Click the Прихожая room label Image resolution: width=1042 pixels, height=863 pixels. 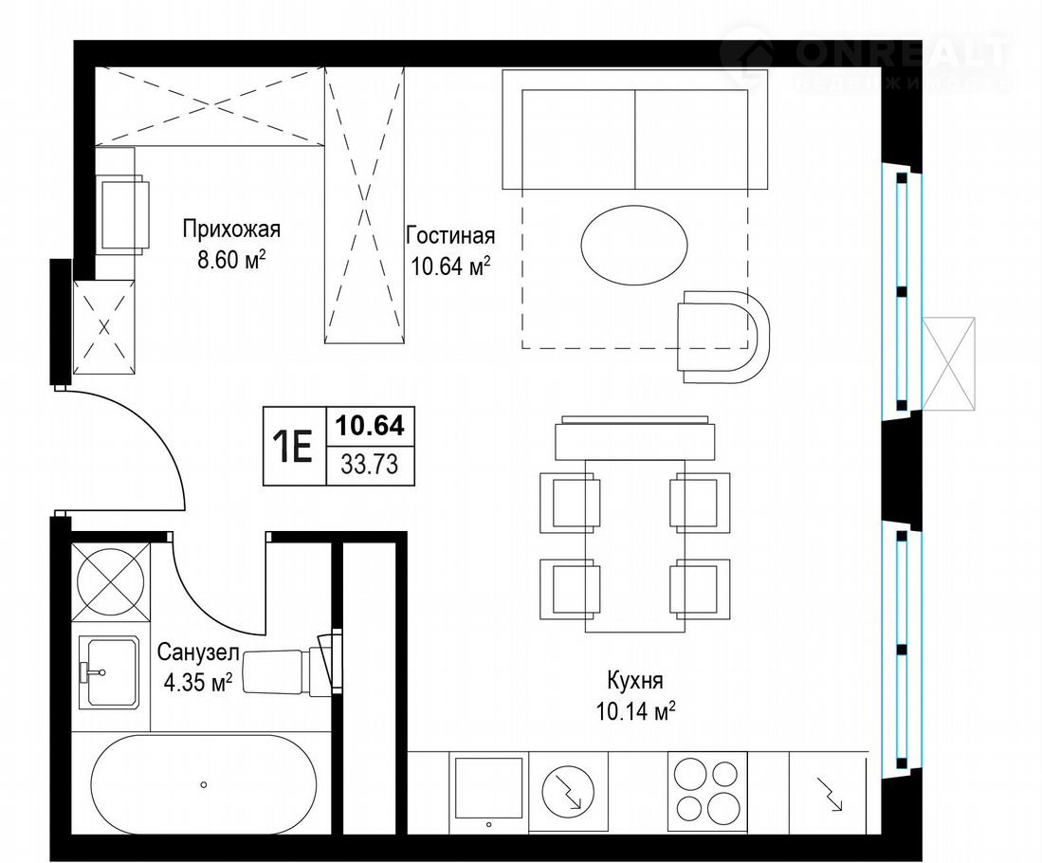click(231, 230)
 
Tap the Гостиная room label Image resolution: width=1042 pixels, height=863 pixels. click(450, 236)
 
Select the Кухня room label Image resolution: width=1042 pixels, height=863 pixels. click(635, 682)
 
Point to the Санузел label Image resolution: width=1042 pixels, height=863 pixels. click(197, 652)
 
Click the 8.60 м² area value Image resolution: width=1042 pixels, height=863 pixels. click(231, 259)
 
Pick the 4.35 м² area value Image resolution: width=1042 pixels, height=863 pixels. click(197, 682)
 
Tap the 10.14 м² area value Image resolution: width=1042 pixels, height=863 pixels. click(636, 711)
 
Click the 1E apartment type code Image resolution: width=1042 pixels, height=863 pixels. click(293, 446)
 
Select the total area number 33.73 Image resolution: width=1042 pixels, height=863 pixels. click(370, 464)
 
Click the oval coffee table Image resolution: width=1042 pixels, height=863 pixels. click(634, 246)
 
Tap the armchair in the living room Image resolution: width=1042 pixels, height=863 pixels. click(723, 337)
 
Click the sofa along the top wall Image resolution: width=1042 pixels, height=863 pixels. click(635, 130)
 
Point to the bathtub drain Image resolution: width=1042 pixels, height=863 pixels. click(203, 784)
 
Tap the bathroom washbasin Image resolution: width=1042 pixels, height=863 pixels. click(108, 671)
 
